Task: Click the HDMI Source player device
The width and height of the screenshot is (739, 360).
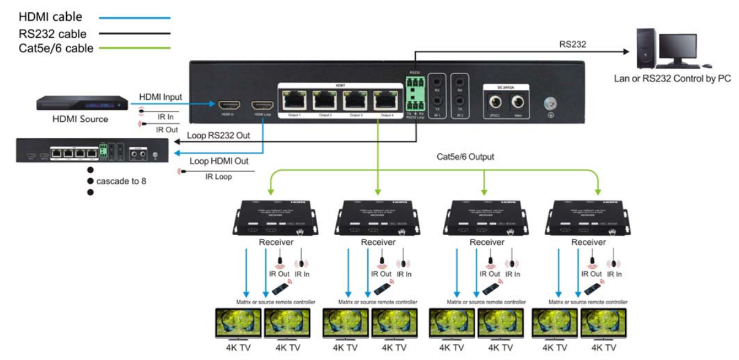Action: point(81,103)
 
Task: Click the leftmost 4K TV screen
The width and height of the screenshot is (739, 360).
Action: point(239,323)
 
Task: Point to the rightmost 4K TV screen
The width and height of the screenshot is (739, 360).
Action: point(603,323)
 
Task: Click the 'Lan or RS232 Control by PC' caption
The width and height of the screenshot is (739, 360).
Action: point(672,78)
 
